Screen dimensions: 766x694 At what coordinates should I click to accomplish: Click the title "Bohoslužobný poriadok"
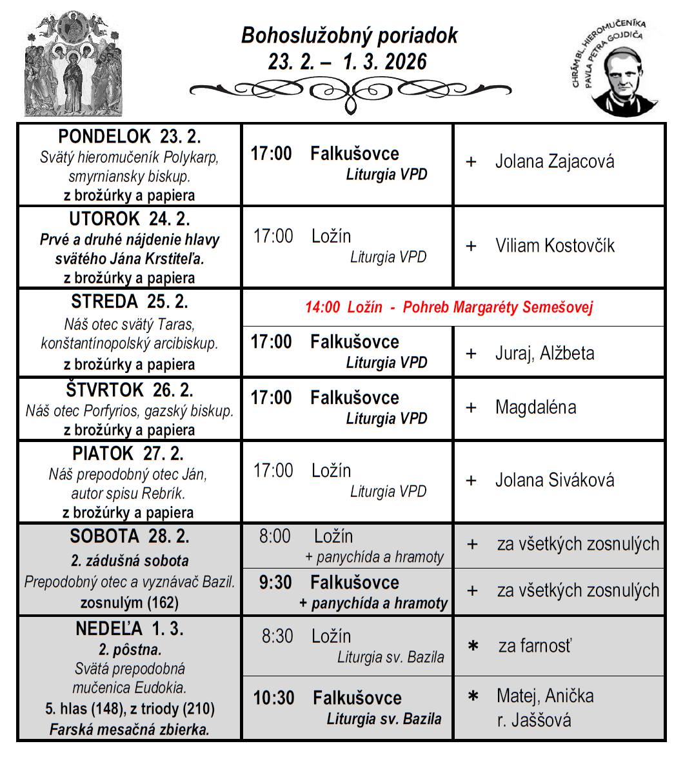[x=349, y=35]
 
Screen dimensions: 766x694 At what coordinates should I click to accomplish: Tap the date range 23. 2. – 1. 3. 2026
[x=348, y=62]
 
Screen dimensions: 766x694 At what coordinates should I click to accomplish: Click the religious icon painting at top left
[x=73, y=64]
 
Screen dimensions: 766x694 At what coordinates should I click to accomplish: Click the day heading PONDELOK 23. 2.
[x=129, y=137]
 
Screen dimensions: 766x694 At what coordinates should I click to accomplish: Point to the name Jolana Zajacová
[x=554, y=161]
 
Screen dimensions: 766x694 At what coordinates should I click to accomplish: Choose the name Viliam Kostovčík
[x=555, y=246]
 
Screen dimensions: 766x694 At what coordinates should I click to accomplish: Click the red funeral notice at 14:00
[x=449, y=307]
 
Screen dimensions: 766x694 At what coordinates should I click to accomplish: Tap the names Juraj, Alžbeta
[x=544, y=354]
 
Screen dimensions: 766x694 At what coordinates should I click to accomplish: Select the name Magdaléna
[x=535, y=408]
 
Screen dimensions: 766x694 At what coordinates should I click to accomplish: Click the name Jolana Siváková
[x=554, y=481]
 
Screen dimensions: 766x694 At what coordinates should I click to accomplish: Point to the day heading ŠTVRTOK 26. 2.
[x=129, y=390]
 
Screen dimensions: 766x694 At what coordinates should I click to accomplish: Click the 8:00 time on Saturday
[x=275, y=536]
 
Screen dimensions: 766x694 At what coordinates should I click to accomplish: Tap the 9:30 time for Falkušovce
[x=275, y=583]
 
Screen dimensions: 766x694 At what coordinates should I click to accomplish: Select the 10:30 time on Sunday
[x=273, y=698]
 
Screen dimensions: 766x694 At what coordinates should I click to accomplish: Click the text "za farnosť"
[x=535, y=645]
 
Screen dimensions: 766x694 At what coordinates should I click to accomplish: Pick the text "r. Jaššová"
[x=534, y=720]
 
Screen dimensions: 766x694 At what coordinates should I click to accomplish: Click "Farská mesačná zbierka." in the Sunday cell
[x=130, y=730]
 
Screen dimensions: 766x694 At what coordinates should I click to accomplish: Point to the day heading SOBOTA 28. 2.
[x=129, y=537]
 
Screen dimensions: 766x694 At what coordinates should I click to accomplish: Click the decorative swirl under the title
[x=350, y=92]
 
